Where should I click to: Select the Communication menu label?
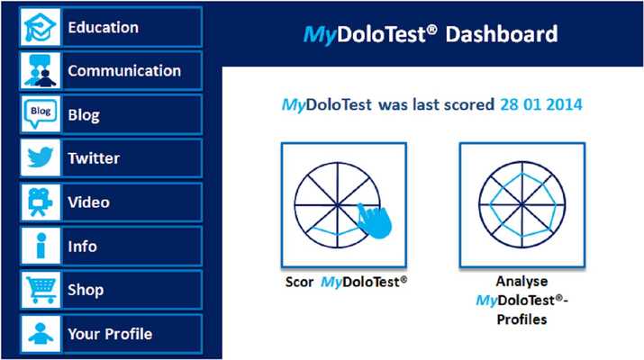click(124, 71)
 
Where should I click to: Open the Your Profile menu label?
click(110, 334)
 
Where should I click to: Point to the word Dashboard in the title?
click(502, 35)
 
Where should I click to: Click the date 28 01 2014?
click(540, 105)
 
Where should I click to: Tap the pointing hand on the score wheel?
click(370, 219)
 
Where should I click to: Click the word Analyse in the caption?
click(522, 281)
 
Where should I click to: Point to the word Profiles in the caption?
click(522, 319)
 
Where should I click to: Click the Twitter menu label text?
click(94, 158)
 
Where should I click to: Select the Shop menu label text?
click(86, 290)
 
